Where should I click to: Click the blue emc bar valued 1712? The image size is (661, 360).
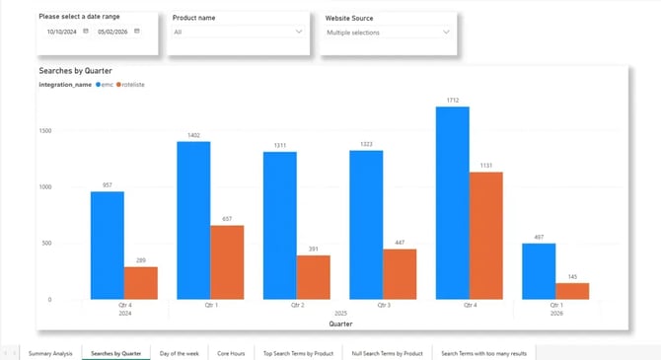(452, 202)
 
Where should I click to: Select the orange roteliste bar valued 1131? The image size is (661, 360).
(485, 236)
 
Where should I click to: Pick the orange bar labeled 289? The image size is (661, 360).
(141, 283)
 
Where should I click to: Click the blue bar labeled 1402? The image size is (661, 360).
(193, 220)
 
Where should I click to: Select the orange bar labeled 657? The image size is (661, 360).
(228, 262)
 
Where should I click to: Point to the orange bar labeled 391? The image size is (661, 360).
(314, 277)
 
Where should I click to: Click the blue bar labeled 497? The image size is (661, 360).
(538, 271)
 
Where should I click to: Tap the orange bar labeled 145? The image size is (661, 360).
(572, 291)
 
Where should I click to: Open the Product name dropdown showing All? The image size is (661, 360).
(238, 33)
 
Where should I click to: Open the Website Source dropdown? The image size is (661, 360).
(389, 33)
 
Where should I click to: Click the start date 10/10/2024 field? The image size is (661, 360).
(63, 32)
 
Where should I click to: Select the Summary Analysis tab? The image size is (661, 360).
(50, 352)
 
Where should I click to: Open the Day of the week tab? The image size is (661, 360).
(180, 352)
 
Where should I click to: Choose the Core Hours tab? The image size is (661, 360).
(231, 352)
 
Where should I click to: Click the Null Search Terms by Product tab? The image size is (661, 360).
(387, 352)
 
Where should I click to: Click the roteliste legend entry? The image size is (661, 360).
(134, 86)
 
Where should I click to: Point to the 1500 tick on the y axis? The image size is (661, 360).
(44, 129)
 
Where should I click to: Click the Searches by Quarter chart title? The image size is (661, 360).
(75, 72)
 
